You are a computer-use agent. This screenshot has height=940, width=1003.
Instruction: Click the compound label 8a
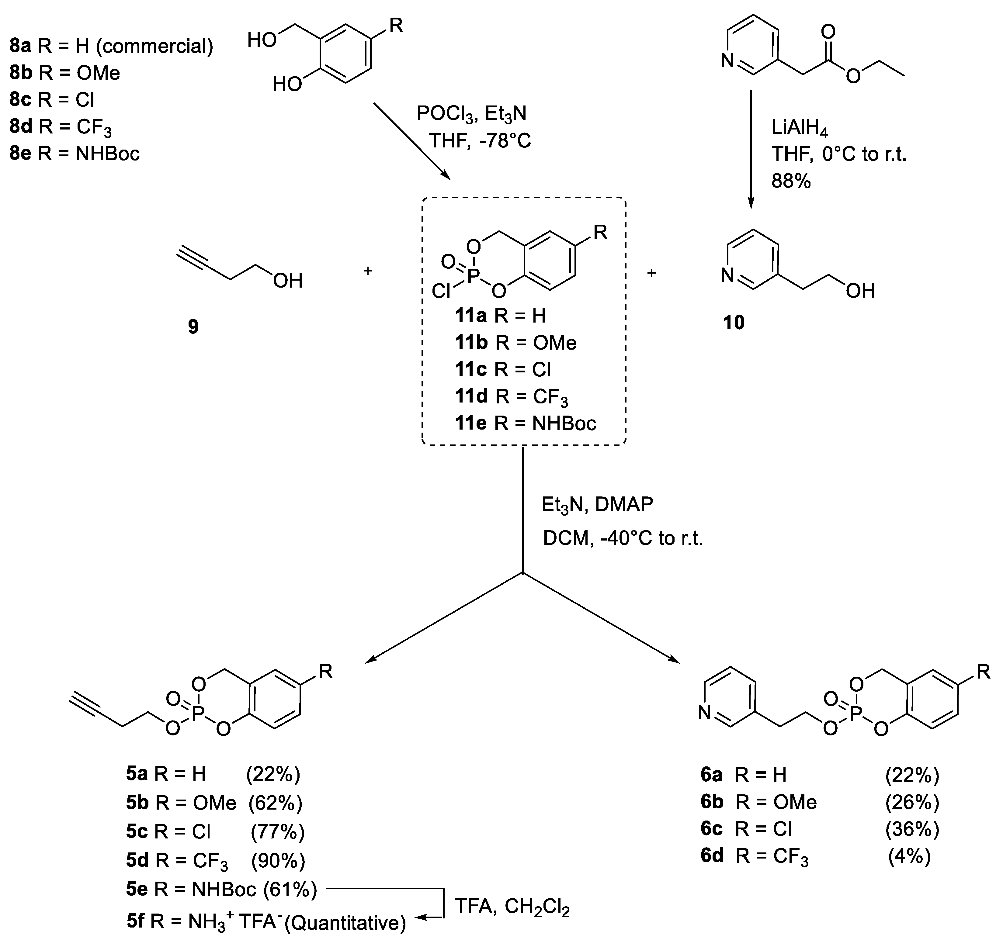pyautogui.click(x=20, y=47)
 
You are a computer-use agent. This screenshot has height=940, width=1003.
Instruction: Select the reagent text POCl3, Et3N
pyautogui.click(x=471, y=114)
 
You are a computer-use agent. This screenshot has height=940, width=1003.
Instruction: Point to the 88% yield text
pyautogui.click(x=791, y=181)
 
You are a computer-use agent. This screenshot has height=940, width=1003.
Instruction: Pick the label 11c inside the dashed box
pyautogui.click(x=471, y=370)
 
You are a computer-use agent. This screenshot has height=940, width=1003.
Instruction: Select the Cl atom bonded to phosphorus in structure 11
pyautogui.click(x=441, y=291)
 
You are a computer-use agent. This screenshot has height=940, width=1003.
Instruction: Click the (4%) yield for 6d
pyautogui.click(x=909, y=856)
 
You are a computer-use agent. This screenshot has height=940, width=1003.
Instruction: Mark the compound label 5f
pyautogui.click(x=135, y=921)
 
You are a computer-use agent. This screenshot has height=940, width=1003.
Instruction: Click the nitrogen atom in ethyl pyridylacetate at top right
pyautogui.click(x=727, y=61)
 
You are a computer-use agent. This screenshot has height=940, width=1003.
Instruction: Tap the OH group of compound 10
pyautogui.click(x=860, y=291)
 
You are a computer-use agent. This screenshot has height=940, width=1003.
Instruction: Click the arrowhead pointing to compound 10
pyautogui.click(x=751, y=203)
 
